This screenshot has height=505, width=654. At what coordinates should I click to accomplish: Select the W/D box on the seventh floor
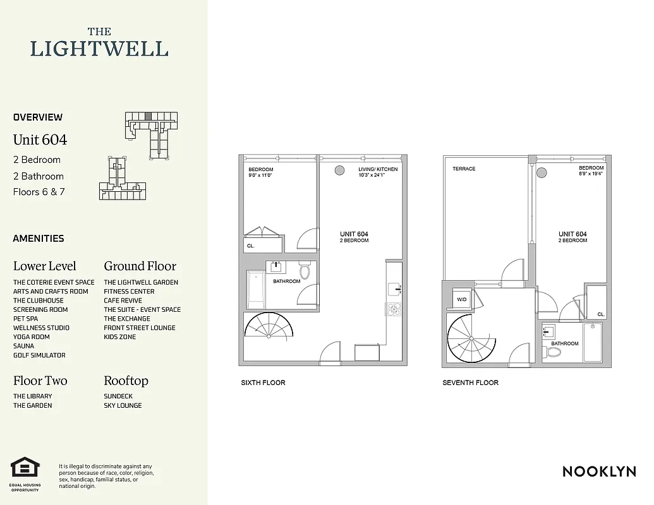click(463, 300)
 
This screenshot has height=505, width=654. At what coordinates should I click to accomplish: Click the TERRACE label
click(464, 169)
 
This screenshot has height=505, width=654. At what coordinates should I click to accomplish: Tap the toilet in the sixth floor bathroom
click(305, 271)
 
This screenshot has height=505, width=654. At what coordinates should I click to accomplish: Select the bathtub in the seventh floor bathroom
click(592, 343)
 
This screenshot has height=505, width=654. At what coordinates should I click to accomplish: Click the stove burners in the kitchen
click(392, 309)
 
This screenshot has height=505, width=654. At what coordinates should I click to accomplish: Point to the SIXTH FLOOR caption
click(263, 383)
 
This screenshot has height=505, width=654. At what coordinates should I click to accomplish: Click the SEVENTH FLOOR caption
click(470, 383)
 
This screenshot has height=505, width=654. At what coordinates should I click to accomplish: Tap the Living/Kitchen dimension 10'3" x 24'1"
click(378, 175)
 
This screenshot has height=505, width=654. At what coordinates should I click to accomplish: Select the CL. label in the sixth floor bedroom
click(251, 246)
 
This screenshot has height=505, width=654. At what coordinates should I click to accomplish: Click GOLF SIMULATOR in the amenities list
click(39, 355)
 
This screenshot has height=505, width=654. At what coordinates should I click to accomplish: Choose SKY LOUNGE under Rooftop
click(123, 405)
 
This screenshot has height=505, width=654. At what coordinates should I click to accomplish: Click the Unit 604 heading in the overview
click(40, 140)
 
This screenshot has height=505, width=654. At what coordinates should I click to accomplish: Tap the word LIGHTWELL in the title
click(99, 49)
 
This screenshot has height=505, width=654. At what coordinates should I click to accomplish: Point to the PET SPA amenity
click(25, 319)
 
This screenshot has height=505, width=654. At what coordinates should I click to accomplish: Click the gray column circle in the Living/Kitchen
click(339, 170)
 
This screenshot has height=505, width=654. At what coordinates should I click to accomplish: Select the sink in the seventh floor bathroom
click(548, 331)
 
